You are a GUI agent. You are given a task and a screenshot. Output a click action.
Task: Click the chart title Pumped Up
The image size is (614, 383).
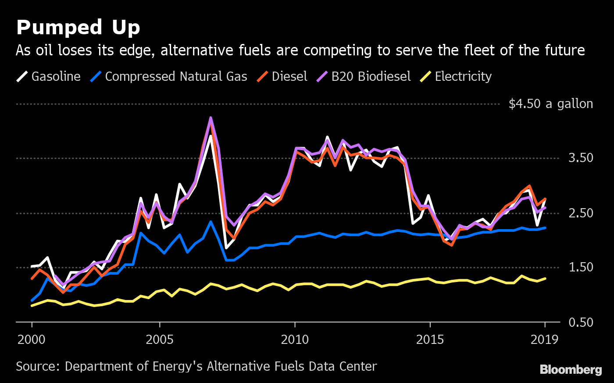tap(78, 28)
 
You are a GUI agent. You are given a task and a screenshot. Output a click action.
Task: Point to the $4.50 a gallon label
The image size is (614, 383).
tap(550, 104)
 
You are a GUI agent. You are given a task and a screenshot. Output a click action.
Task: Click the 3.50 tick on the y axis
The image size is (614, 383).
tap(581, 158)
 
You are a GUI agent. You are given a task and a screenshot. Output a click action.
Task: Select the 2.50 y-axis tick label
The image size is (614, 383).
tap(581, 213)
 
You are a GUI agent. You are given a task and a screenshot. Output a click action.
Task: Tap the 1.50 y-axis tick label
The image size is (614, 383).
tap(581, 267)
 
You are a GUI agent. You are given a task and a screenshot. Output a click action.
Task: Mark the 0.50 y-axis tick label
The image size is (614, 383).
tap(581, 322)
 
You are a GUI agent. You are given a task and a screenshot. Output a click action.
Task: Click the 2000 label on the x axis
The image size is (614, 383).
tap(32, 340)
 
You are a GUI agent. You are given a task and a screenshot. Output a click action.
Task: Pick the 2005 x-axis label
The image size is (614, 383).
tap(160, 340)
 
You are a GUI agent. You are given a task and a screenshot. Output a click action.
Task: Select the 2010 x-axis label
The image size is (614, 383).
tap(295, 340)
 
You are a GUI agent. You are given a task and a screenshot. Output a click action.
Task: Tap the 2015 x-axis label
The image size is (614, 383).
tap(430, 340)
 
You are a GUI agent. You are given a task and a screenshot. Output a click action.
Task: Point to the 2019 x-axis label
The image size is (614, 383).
tap(545, 340)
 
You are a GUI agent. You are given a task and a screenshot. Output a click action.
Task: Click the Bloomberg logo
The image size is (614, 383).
tap(571, 370)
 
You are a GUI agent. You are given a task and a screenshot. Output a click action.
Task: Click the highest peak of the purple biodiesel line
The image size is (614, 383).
tap(211, 118)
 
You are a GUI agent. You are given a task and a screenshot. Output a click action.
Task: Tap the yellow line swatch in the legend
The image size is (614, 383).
tap(425, 76)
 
